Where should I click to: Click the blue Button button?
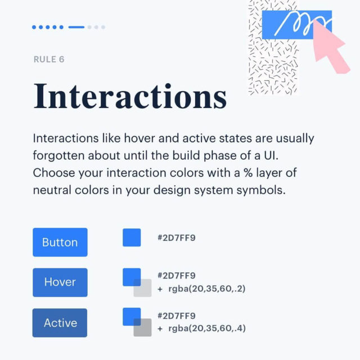(60, 242)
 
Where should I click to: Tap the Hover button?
(60, 282)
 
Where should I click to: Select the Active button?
(60, 323)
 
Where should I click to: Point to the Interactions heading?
(130, 96)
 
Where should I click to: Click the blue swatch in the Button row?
(132, 237)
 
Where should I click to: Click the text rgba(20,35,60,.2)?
(206, 289)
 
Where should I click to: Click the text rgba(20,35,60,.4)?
(206, 328)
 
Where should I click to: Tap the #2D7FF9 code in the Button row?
(177, 238)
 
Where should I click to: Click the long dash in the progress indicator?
(76, 27)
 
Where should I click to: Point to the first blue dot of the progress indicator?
(34, 27)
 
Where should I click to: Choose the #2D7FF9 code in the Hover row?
(177, 276)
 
